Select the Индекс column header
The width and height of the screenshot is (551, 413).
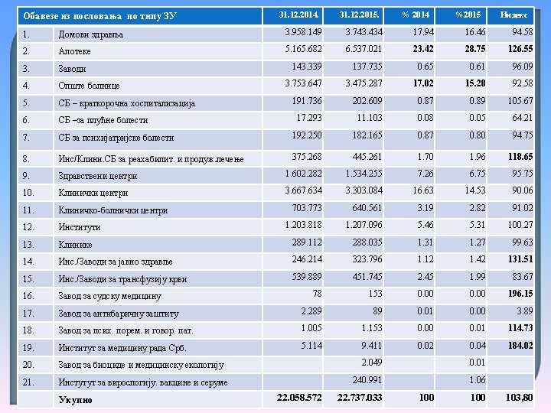tap(512, 15)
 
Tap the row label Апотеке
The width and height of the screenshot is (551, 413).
tap(74, 50)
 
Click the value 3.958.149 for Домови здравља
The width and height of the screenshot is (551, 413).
tap(303, 31)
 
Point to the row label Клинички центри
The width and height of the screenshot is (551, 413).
tap(93, 193)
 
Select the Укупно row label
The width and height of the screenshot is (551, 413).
tap(75, 399)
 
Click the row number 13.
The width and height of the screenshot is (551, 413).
tap(28, 244)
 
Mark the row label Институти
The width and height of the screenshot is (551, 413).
tap(80, 227)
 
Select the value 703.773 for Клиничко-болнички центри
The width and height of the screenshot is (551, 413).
tap(307, 207)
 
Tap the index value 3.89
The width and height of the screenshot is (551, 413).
tap(524, 311)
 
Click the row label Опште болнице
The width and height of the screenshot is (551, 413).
tap(89, 86)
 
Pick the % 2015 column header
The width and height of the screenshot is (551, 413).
tap(468, 15)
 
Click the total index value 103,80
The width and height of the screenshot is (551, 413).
tap(518, 397)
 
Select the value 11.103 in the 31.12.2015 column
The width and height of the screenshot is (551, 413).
tap(370, 118)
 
